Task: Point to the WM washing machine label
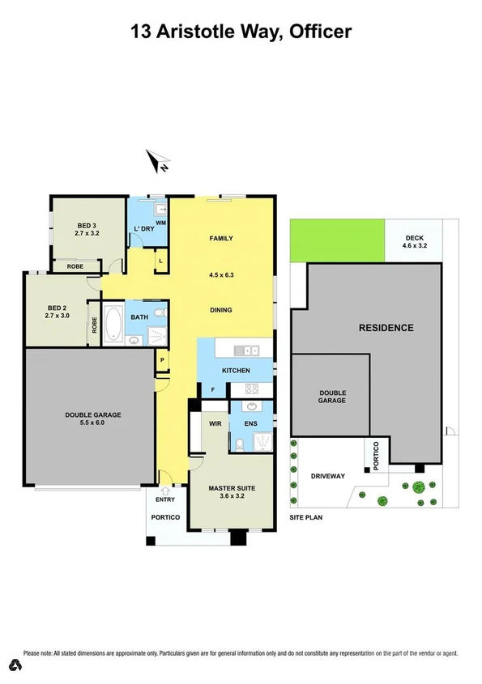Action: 160,222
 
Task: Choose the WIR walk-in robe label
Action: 215,423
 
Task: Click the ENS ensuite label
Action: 251,423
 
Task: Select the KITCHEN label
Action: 236,371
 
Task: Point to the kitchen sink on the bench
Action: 245,350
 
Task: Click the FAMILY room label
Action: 221,238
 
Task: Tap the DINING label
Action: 220,309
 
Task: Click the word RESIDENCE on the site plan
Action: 386,328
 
